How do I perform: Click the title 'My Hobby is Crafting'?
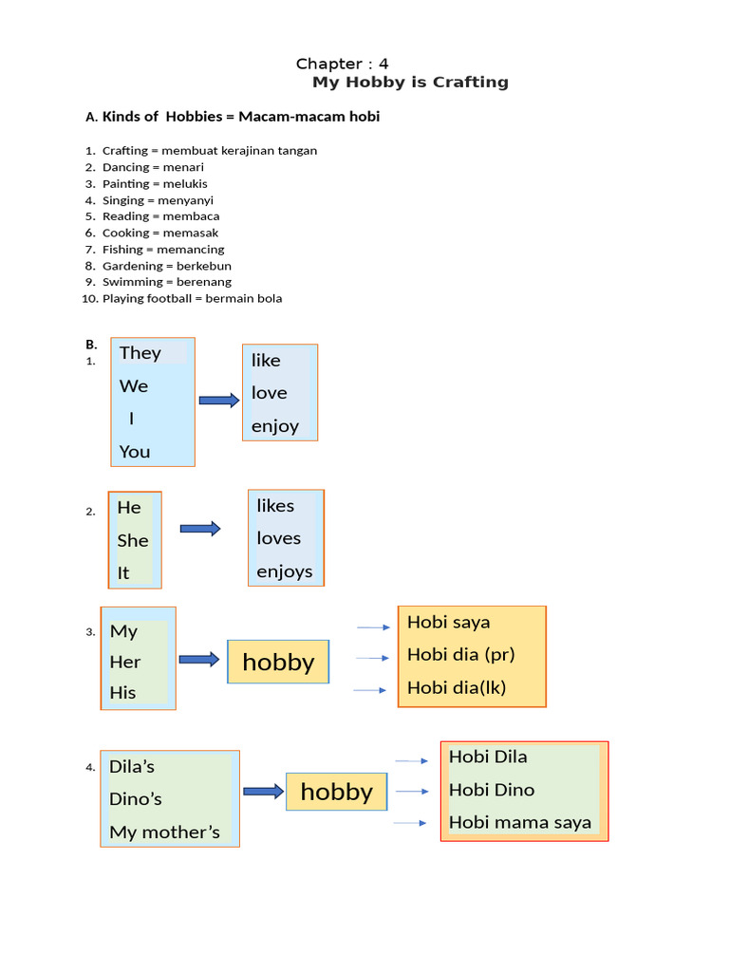pyautogui.click(x=410, y=83)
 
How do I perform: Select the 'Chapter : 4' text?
pyautogui.click(x=342, y=64)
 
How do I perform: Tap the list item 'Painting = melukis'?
pyautogui.click(x=155, y=184)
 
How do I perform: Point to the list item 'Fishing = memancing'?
pyautogui.click(x=163, y=250)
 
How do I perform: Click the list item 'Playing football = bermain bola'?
pyautogui.click(x=192, y=298)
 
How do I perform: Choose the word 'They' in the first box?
pyautogui.click(x=140, y=353)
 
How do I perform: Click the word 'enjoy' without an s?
pyautogui.click(x=274, y=426)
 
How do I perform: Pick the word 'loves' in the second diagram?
pyautogui.click(x=278, y=538)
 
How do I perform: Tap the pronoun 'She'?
pyautogui.click(x=133, y=540)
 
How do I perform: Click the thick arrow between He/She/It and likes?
pyautogui.click(x=200, y=529)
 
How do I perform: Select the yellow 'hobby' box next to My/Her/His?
pyautogui.click(x=278, y=662)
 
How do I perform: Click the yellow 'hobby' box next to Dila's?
pyautogui.click(x=337, y=792)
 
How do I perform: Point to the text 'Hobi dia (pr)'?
pyautogui.click(x=460, y=655)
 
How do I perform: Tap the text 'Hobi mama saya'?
pyautogui.click(x=519, y=823)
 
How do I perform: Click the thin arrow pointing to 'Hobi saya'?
pyautogui.click(x=373, y=627)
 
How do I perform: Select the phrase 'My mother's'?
pyautogui.click(x=164, y=832)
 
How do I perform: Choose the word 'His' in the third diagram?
pyautogui.click(x=123, y=693)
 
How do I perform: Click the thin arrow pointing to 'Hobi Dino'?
pyautogui.click(x=411, y=792)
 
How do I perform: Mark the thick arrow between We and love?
pyautogui.click(x=219, y=401)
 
